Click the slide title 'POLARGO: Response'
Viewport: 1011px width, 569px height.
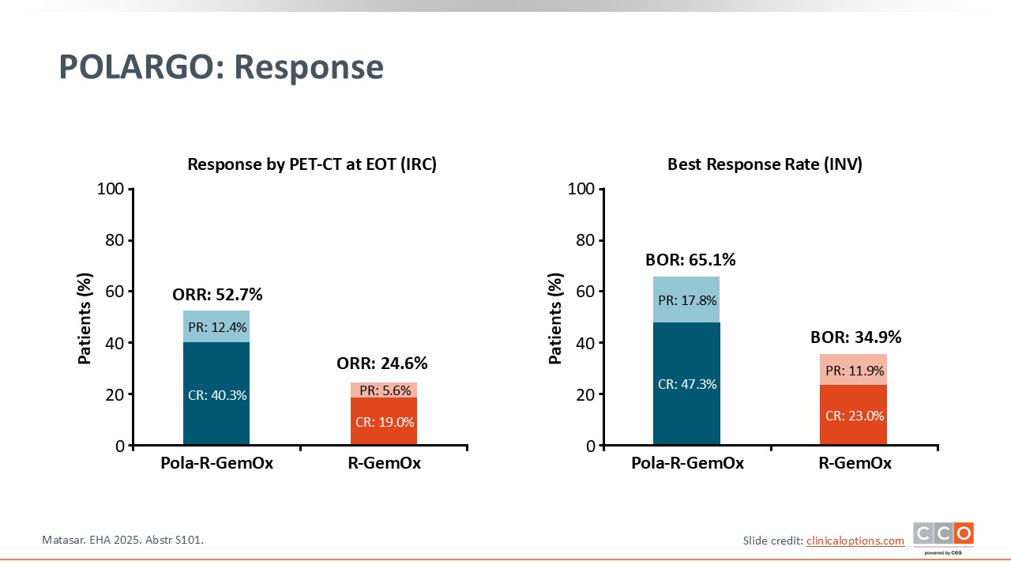point(221,67)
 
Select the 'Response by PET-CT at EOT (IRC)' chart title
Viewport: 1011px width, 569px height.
point(311,164)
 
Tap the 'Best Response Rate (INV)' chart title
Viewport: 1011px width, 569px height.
point(765,164)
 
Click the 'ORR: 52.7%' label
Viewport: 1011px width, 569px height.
point(217,295)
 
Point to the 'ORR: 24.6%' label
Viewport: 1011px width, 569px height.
point(382,364)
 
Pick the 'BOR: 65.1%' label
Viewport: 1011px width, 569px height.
point(690,260)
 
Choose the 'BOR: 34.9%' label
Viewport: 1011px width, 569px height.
point(856,337)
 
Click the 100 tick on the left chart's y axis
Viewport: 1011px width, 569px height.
point(110,190)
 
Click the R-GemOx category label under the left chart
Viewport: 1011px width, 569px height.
point(384,464)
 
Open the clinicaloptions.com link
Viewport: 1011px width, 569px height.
point(855,541)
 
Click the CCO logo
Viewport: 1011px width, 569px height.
point(943,536)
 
